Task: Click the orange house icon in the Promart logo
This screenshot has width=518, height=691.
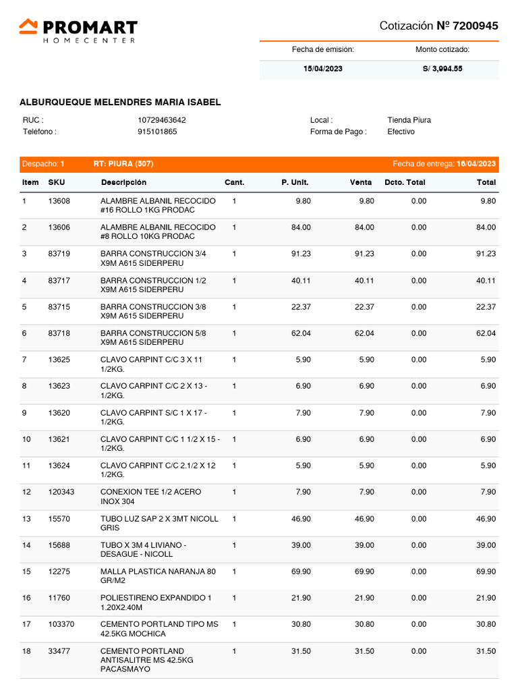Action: tap(28, 26)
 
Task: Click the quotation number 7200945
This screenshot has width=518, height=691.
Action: tap(476, 26)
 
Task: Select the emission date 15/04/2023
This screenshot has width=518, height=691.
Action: tap(322, 69)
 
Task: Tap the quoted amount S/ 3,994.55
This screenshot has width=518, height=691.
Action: tap(442, 69)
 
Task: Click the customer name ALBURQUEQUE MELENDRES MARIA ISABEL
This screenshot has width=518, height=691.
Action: tap(120, 103)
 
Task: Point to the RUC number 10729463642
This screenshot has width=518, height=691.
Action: tap(162, 120)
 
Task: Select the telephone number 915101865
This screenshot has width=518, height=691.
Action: tap(157, 132)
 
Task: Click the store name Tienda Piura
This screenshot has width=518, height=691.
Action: tap(409, 120)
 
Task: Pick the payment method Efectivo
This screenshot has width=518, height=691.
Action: tap(401, 132)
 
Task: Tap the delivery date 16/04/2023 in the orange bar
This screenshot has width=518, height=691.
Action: tap(476, 164)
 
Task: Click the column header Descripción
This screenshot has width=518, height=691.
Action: tap(123, 182)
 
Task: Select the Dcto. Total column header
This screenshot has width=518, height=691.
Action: tap(405, 182)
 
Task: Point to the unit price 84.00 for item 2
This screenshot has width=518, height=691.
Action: tap(301, 227)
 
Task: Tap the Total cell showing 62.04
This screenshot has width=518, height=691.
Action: tap(486, 333)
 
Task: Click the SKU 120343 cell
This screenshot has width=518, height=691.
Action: tap(61, 492)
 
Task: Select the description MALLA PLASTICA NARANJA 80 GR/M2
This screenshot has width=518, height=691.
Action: tap(158, 576)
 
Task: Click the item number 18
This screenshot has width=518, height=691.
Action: tap(27, 651)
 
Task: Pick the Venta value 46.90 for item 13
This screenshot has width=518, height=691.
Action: tap(364, 519)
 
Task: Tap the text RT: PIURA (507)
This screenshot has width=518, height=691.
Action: tap(118, 164)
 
